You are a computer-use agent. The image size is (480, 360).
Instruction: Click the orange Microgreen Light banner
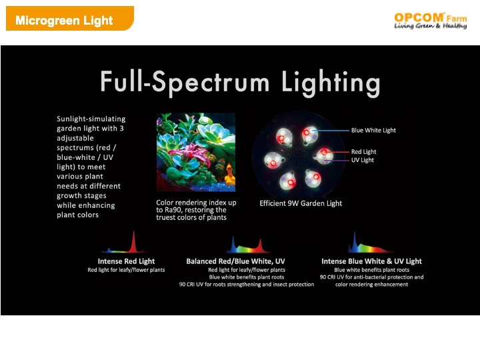(70, 19)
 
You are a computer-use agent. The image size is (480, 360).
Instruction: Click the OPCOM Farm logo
(431, 21)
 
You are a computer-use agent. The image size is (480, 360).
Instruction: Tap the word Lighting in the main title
(331, 82)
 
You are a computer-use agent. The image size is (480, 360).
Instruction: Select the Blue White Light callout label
(373, 131)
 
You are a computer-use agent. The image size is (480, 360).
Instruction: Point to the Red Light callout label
(364, 152)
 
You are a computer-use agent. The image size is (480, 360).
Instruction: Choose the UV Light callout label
(363, 160)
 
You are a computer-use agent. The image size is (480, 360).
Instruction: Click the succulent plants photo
(196, 152)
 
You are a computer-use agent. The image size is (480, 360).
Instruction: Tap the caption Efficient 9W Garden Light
(301, 203)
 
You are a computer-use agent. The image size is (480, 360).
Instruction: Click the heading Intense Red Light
(126, 261)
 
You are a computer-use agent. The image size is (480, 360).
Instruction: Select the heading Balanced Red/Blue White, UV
(235, 261)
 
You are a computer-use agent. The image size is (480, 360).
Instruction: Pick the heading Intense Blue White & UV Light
(371, 261)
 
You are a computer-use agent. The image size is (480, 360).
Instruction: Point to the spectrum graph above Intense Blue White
(369, 243)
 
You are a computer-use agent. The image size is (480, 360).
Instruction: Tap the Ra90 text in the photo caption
(173, 210)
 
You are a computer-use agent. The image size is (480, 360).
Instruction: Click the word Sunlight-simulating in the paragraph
(91, 119)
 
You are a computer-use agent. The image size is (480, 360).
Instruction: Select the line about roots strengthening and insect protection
(247, 285)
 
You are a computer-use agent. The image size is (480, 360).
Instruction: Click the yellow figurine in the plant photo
(230, 175)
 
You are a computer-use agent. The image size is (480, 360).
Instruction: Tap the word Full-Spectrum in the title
(185, 82)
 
